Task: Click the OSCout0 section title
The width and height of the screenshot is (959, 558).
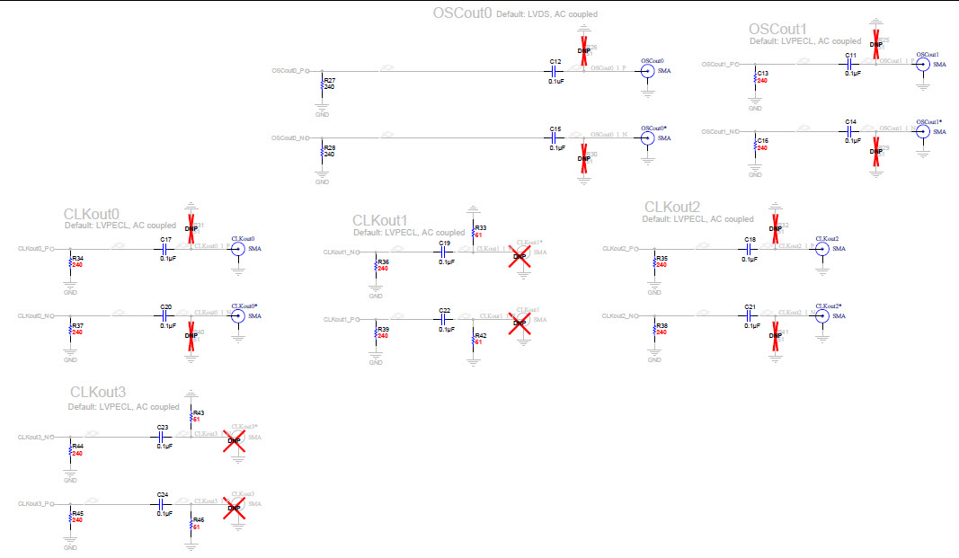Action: point(462,13)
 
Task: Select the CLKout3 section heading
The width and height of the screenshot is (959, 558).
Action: point(98,393)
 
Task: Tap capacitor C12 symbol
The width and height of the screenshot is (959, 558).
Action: point(555,71)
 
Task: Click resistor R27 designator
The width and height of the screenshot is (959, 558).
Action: point(329,80)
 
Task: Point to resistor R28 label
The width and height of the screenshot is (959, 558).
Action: point(329,147)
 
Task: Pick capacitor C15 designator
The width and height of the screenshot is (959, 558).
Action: point(555,129)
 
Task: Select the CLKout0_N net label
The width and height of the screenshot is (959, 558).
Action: point(37,316)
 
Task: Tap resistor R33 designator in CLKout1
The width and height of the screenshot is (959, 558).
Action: point(480,228)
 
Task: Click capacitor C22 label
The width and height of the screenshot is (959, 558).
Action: point(444,311)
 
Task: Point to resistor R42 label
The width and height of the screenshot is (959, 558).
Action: point(480,335)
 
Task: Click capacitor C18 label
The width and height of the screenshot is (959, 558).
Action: point(749,240)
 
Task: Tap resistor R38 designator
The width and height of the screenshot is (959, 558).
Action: point(662,325)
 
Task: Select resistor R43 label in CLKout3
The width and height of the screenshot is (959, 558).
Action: point(199,412)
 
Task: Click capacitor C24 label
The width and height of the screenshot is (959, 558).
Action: point(163,495)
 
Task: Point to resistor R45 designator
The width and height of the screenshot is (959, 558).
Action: point(77,513)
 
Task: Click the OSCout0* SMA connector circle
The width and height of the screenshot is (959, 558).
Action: point(646,138)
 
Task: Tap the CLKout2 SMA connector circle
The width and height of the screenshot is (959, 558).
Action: point(821,249)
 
